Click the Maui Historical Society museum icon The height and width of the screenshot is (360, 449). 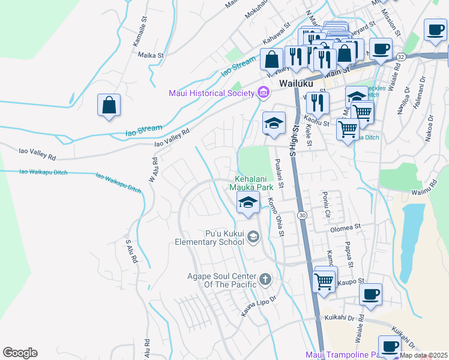pyautogui.click(x=262, y=93)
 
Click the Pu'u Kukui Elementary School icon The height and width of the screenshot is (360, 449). pyautogui.click(x=253, y=238)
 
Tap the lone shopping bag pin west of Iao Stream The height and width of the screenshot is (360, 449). pyautogui.click(x=110, y=106)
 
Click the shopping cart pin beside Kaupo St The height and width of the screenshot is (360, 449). pyautogui.click(x=324, y=280)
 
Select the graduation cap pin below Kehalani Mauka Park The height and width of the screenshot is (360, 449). pyautogui.click(x=247, y=203)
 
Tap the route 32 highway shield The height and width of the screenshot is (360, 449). pyautogui.click(x=401, y=56)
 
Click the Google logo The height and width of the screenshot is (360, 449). pyautogui.click(x=20, y=353)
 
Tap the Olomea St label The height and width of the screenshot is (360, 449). pyautogui.click(x=345, y=228)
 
